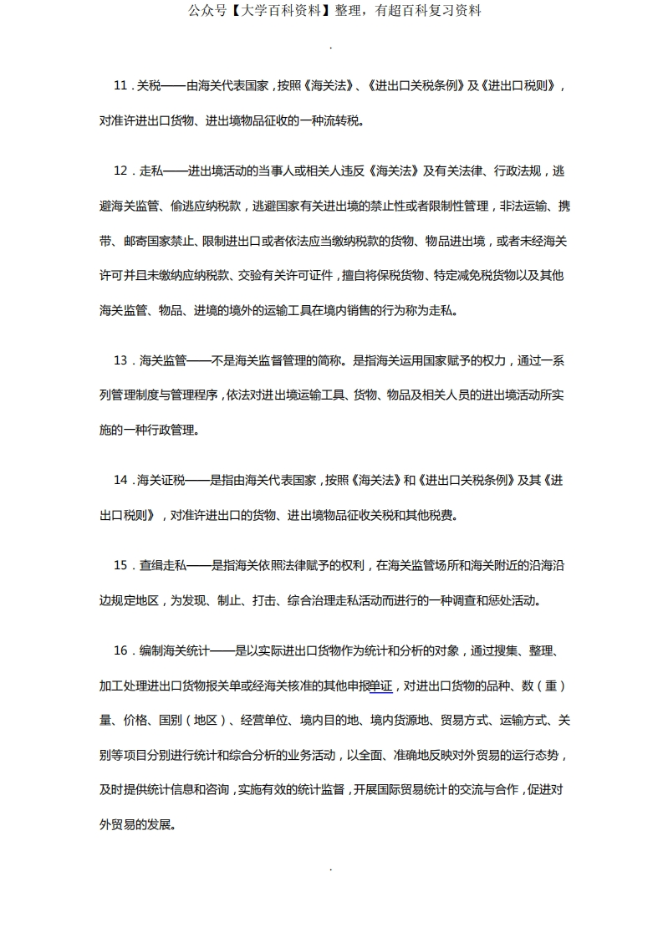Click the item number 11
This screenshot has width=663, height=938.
click(120, 86)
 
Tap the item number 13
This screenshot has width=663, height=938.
click(120, 360)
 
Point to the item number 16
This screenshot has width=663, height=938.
click(120, 650)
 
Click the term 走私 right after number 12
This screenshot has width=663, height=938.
click(150, 171)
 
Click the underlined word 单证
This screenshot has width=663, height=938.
click(380, 686)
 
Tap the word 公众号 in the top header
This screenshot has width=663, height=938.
click(204, 11)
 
